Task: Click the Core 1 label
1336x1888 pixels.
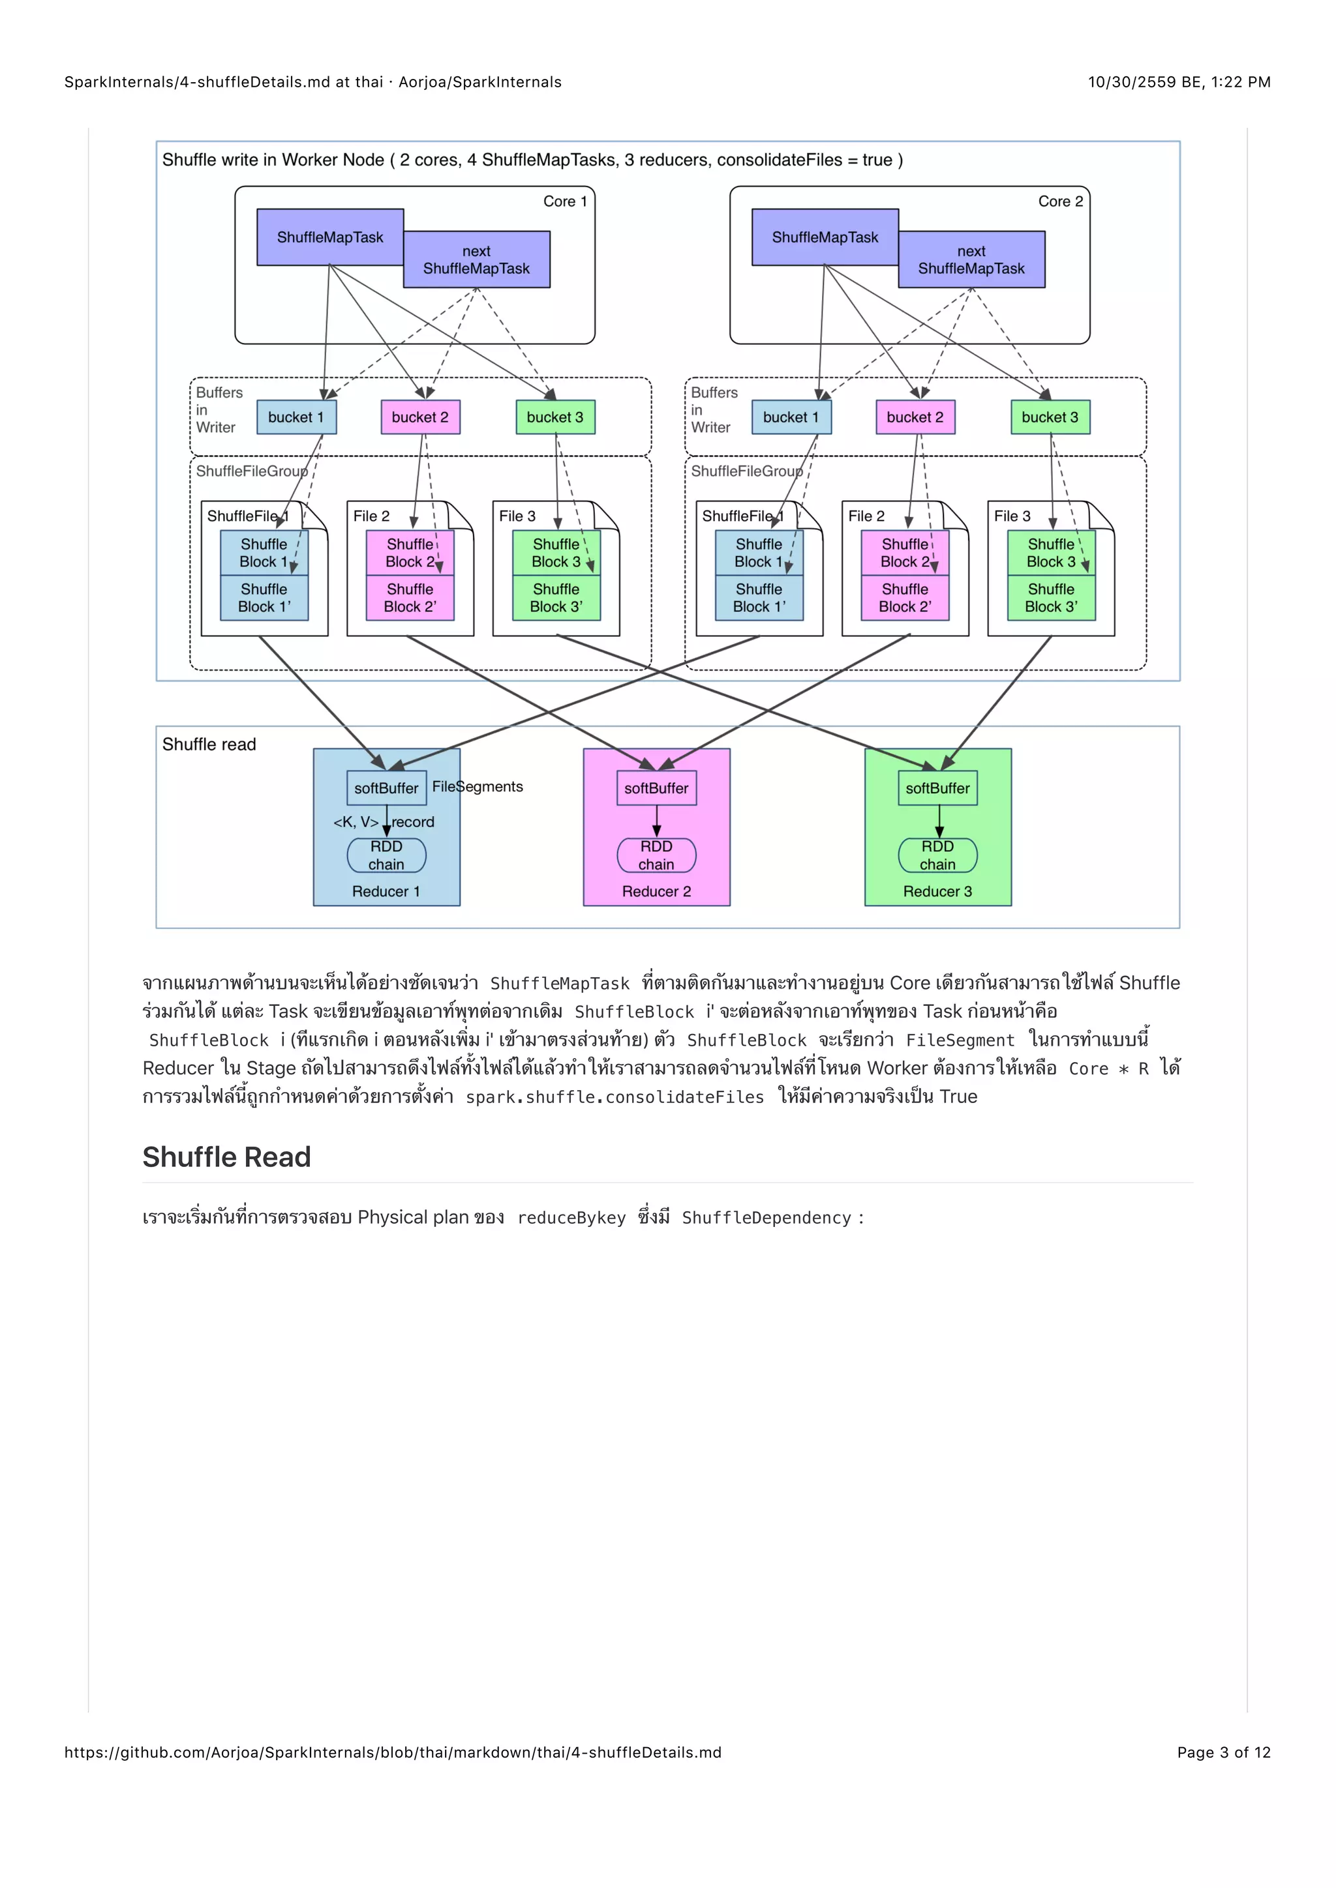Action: [x=565, y=201]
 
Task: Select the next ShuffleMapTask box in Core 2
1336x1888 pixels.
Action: [x=971, y=260]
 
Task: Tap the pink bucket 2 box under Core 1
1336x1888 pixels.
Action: [x=419, y=417]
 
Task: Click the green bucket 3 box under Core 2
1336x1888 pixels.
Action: [x=1050, y=417]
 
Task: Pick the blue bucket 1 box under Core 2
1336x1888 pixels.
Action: [x=791, y=417]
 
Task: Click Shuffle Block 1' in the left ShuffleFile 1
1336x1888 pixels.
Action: [x=264, y=598]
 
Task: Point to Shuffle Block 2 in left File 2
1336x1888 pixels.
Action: [x=410, y=553]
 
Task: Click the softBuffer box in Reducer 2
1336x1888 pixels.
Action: [x=656, y=788]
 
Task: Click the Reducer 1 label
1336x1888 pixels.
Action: [x=386, y=891]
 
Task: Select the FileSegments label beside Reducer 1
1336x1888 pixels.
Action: [x=478, y=786]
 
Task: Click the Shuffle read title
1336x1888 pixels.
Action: [x=209, y=744]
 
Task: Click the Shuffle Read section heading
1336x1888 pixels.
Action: [x=226, y=1157]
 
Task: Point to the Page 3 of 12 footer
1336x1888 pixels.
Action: [x=1223, y=1752]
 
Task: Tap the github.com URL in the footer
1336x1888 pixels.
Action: [x=393, y=1752]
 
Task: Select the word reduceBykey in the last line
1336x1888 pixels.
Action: [x=571, y=1218]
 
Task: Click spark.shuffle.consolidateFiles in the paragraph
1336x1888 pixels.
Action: [x=615, y=1097]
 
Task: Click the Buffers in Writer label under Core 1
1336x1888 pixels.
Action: [x=218, y=409]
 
